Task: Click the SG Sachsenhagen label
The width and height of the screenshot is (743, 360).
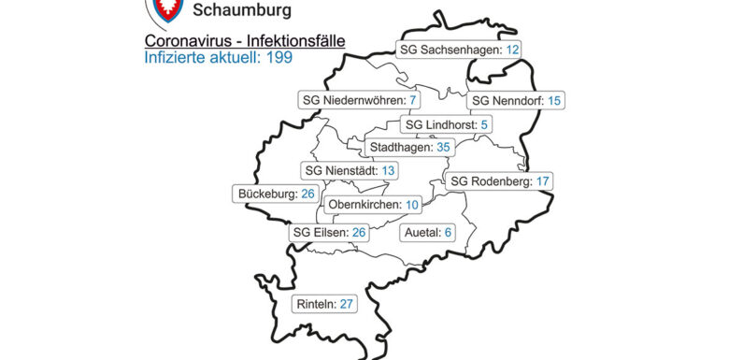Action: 459,50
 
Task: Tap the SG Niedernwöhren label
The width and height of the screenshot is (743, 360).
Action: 360,100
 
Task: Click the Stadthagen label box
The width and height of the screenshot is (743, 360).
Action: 410,148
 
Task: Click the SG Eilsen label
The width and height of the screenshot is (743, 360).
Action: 330,232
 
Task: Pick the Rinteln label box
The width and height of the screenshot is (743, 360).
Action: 323,304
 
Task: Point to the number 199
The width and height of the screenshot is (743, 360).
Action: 279,58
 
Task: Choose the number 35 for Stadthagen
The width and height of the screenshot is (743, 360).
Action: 443,148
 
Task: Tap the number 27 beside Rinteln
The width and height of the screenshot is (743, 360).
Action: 347,304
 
